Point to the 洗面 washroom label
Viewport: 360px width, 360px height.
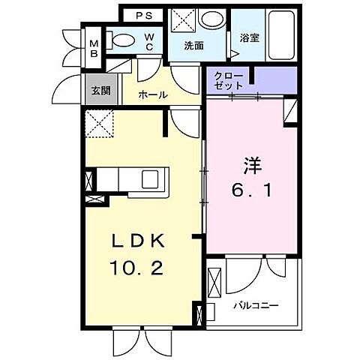193,45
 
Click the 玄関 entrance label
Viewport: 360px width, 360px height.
100,90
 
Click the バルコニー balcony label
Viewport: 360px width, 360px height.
254,306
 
